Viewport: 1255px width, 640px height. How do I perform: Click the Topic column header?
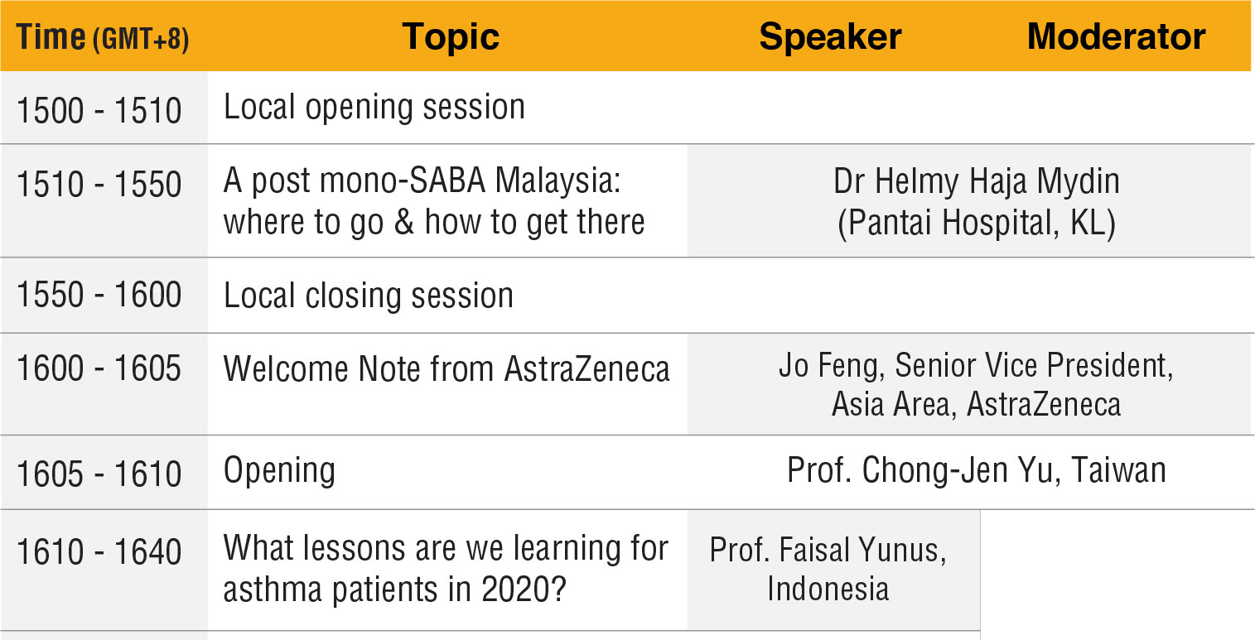pos(451,37)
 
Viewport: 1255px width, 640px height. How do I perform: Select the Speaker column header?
pos(830,37)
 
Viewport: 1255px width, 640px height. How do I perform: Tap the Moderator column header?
pos(1116,37)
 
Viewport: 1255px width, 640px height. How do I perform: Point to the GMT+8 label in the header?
pos(141,39)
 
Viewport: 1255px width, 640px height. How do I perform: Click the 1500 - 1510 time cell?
pos(99,110)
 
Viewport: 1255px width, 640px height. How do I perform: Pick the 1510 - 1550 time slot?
pos(99,184)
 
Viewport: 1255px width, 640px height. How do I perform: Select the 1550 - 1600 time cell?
pos(99,295)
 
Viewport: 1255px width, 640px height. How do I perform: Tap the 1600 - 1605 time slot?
pos(99,368)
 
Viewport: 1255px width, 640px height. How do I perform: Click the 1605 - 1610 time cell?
pos(99,474)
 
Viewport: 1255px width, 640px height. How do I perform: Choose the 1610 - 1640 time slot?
pos(99,552)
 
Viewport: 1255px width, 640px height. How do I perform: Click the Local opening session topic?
pos(374,108)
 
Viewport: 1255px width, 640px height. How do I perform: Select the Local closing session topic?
pos(369,296)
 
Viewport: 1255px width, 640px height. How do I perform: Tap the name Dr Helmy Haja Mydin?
pos(977,182)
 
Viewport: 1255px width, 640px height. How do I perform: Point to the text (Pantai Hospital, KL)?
pos(977,223)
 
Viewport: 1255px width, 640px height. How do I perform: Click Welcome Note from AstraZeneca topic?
pos(446,369)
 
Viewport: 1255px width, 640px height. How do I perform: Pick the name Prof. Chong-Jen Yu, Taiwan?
pos(977,470)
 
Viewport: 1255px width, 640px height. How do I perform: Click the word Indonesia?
pos(828,589)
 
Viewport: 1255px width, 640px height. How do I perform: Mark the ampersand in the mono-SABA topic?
pos(404,222)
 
